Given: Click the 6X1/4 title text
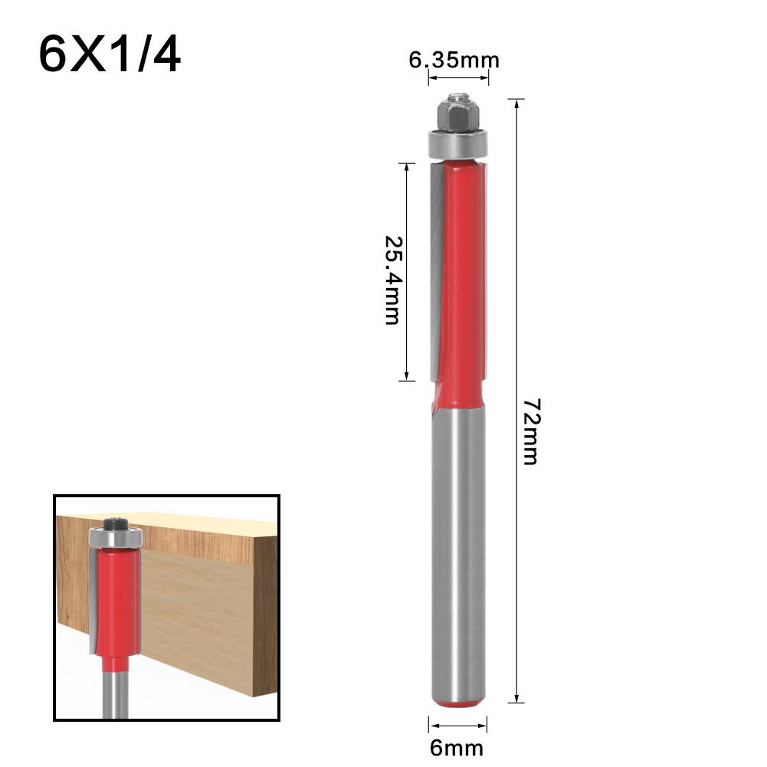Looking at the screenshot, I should (x=110, y=54).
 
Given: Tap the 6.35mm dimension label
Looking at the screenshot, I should (x=454, y=60).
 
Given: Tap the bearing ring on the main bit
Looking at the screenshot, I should (x=457, y=143).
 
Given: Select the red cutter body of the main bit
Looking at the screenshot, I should (x=463, y=276).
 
